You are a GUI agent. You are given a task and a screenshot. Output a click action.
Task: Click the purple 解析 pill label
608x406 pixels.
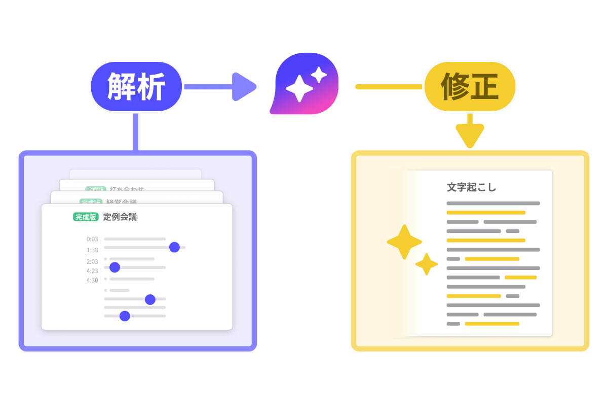pyautogui.click(x=136, y=87)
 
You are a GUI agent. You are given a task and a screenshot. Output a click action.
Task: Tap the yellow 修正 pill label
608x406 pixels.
pyautogui.click(x=470, y=87)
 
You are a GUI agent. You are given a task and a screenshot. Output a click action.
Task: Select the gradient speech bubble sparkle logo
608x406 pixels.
pyautogui.click(x=304, y=84)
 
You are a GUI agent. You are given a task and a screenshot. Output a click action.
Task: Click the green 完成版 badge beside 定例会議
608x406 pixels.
pyautogui.click(x=85, y=217)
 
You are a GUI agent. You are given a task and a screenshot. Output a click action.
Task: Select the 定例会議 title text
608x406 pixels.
pyautogui.click(x=120, y=217)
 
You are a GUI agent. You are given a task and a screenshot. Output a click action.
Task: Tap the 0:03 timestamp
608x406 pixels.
pyautogui.click(x=92, y=239)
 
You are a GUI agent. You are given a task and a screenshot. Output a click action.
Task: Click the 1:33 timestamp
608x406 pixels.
pyautogui.click(x=92, y=250)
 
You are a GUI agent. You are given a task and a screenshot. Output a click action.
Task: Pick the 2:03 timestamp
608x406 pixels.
pyautogui.click(x=92, y=262)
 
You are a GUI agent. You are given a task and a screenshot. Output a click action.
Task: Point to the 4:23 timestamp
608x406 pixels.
pyautogui.click(x=92, y=271)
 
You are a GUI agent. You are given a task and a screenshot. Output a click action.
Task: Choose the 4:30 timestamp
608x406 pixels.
pyautogui.click(x=92, y=280)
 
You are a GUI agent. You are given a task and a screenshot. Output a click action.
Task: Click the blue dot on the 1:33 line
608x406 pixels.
pyautogui.click(x=174, y=247)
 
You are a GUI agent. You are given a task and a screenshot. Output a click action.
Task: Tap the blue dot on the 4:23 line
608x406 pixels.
pyautogui.click(x=115, y=267)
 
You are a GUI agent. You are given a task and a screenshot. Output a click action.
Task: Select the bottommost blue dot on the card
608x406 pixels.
pyautogui.click(x=125, y=316)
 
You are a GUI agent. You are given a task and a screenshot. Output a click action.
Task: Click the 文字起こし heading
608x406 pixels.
pyautogui.click(x=471, y=187)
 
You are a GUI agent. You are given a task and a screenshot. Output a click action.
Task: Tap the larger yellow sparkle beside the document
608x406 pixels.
pyautogui.click(x=404, y=242)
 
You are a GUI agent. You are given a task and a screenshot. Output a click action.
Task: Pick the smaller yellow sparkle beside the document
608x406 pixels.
pyautogui.click(x=427, y=264)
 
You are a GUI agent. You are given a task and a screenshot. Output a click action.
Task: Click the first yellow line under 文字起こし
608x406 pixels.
pyautogui.click(x=485, y=213)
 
